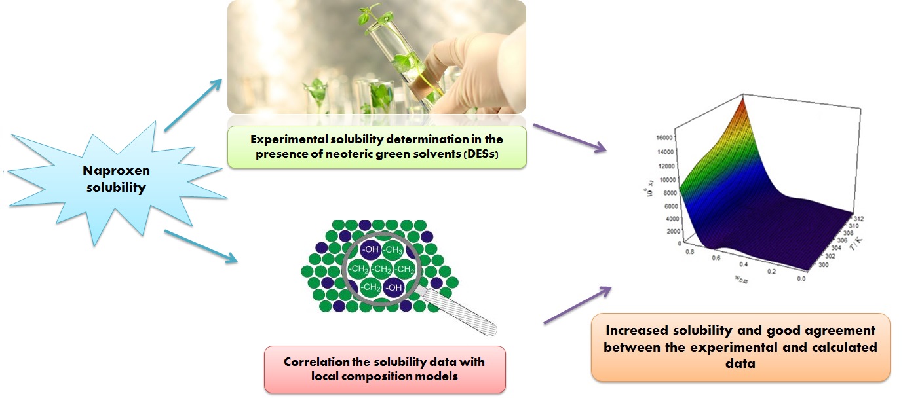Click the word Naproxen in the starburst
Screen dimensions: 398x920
coord(116,170)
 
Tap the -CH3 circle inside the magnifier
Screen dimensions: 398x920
coord(393,249)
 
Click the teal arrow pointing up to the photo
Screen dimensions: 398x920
coord(192,103)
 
